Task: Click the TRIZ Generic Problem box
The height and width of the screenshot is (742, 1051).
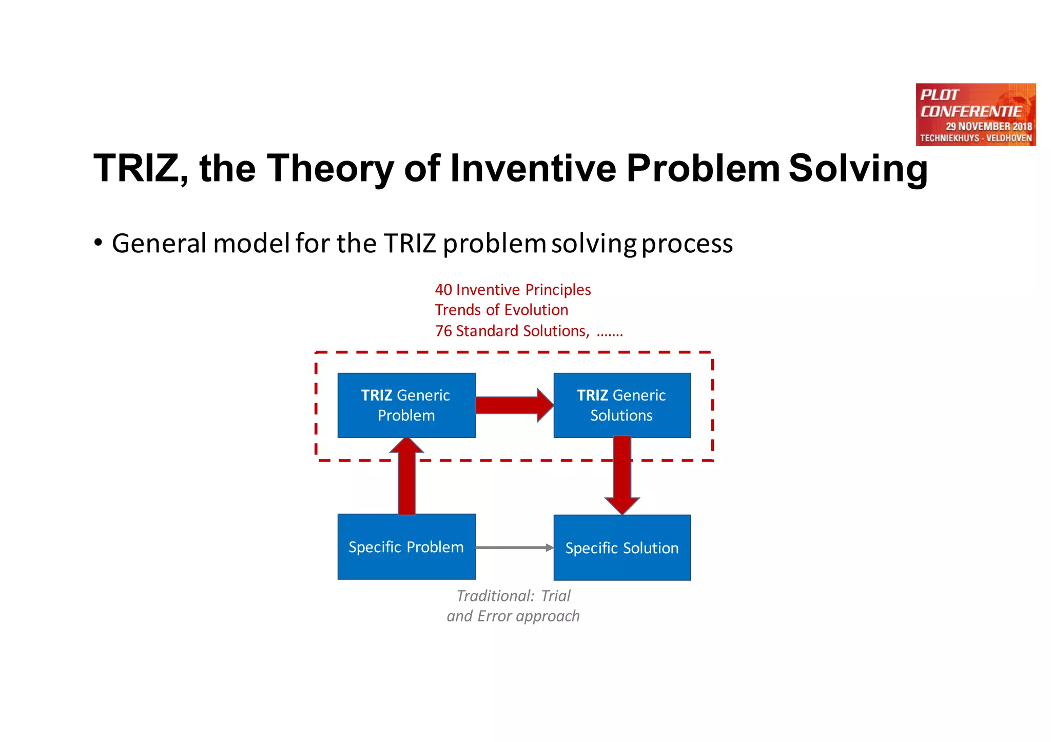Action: point(406,405)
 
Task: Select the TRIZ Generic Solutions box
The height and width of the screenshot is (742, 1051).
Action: point(621,405)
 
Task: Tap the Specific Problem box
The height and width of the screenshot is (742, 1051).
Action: point(406,547)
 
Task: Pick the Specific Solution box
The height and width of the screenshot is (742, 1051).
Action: point(621,548)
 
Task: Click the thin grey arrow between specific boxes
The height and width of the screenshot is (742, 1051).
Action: point(513,548)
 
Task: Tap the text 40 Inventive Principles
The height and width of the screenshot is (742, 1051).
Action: point(513,290)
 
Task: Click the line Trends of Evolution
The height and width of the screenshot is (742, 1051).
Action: point(501,310)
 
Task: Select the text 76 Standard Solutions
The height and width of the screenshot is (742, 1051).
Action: point(512,331)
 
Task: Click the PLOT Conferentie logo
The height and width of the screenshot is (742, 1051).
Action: point(975,114)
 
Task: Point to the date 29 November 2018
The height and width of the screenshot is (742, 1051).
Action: point(988,126)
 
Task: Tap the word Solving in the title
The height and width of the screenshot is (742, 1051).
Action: point(858,168)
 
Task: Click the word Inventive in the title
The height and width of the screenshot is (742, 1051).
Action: point(533,168)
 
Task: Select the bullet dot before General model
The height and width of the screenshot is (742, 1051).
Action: point(98,243)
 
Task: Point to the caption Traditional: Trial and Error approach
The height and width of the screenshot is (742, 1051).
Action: point(513,606)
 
